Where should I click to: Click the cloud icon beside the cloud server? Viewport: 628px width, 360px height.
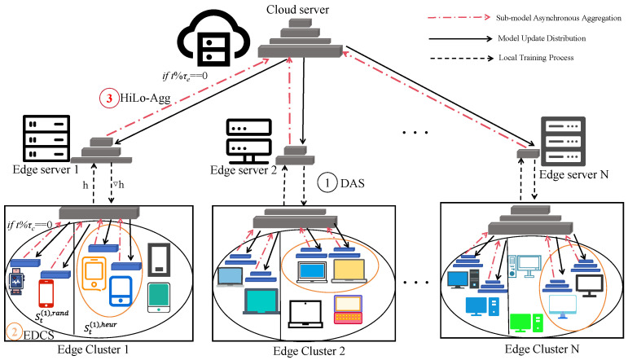214,39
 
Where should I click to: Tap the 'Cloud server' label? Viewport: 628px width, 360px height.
297,9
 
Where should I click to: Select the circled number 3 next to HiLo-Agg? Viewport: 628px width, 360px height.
109,98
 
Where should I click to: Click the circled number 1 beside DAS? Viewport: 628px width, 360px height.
327,183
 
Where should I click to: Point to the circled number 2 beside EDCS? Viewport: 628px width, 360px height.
15,332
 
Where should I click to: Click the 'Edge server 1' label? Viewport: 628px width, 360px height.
46,169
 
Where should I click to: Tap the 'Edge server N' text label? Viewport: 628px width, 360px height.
573,174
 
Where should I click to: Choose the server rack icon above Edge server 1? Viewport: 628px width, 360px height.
46,138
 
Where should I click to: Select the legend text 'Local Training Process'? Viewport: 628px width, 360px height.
536,58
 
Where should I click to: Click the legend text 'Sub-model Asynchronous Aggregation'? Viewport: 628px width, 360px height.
558,18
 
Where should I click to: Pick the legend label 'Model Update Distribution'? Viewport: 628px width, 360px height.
542,38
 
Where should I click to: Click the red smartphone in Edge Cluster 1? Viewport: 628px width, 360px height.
46,293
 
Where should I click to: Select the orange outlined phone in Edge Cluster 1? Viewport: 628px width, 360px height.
94,274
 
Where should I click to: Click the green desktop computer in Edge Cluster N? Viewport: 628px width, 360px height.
526,323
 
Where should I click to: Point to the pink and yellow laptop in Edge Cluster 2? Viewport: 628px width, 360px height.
348,310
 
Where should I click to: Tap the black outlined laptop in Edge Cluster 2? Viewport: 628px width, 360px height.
305,314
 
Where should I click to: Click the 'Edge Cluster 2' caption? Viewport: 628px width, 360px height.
309,351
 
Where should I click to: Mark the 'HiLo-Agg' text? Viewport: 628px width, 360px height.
145,99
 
